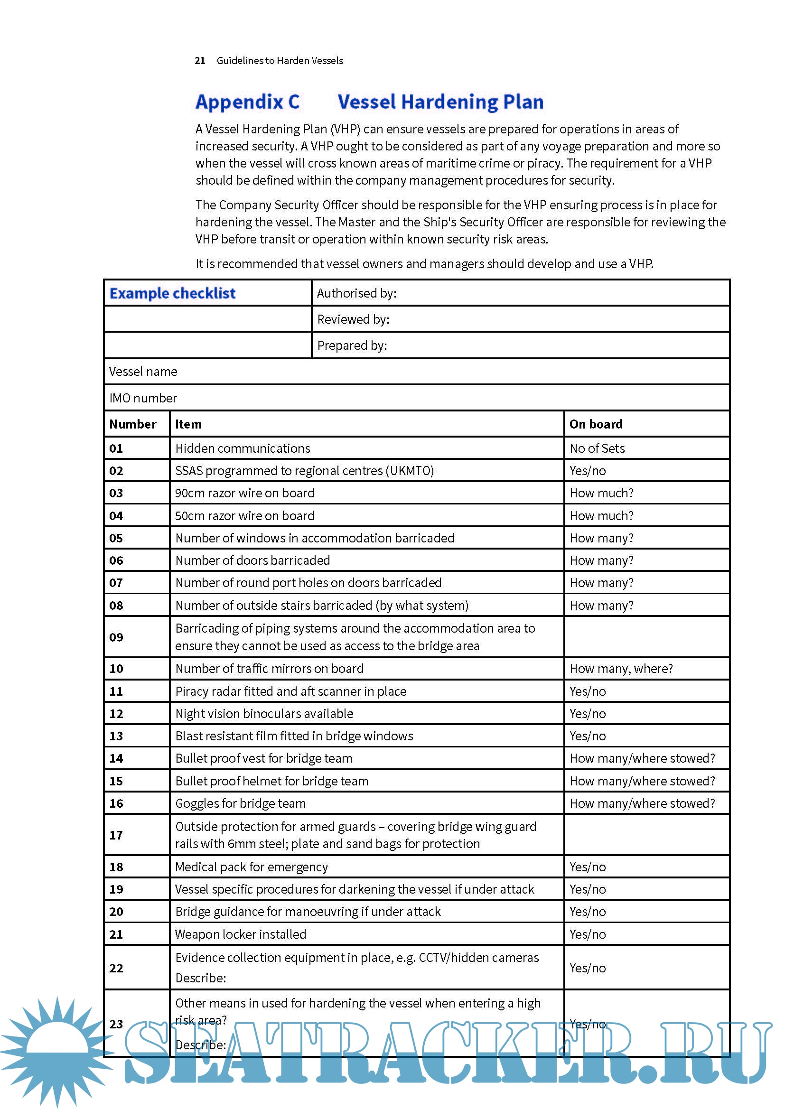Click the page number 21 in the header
pos(200,61)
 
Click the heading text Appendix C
pos(247,102)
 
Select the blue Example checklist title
pos(173,293)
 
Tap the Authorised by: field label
pos(357,293)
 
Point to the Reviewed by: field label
pos(354,319)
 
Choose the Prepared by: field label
pos(352,345)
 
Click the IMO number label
pos(143,398)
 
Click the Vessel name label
pos(143,372)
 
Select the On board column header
pos(596,424)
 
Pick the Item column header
pos(188,424)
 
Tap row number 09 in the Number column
pos(116,638)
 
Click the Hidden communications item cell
pos(243,448)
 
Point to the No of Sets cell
pos(597,448)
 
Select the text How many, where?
pos(621,669)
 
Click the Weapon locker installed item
pos(241,934)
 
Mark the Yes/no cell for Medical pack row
pos(588,867)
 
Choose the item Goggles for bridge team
pos(241,803)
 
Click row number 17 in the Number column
pos(116,835)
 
